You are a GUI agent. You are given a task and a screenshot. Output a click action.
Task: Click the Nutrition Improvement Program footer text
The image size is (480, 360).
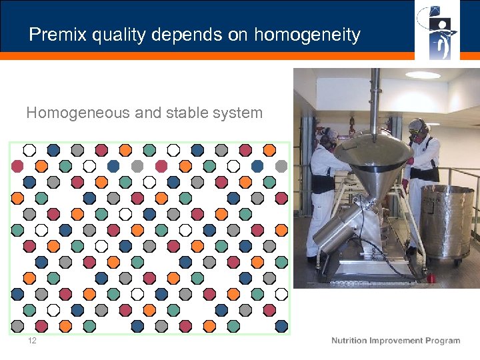[395, 341]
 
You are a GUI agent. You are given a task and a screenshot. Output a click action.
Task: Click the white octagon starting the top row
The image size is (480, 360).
[29, 150]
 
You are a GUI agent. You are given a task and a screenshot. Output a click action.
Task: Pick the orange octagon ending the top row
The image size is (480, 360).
[269, 150]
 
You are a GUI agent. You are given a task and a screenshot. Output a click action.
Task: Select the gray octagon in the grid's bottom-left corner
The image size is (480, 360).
[17, 326]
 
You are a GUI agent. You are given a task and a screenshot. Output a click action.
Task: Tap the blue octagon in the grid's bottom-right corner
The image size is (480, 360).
[281, 326]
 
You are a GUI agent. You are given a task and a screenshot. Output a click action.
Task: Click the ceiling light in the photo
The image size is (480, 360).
[423, 75]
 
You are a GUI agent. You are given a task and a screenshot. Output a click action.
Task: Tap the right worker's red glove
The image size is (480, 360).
[410, 161]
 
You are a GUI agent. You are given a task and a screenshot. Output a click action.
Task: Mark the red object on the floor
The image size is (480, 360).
[431, 277]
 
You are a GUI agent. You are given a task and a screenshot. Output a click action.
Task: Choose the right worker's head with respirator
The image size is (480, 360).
[417, 128]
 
